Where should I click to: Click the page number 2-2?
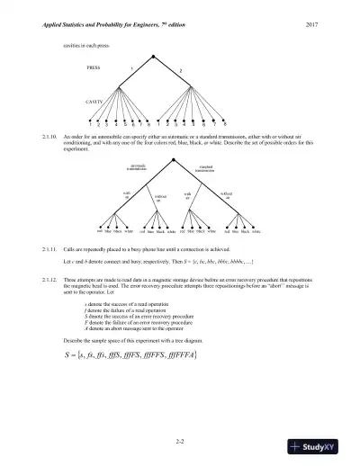pos(180,439)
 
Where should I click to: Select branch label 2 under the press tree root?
pos(182,68)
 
